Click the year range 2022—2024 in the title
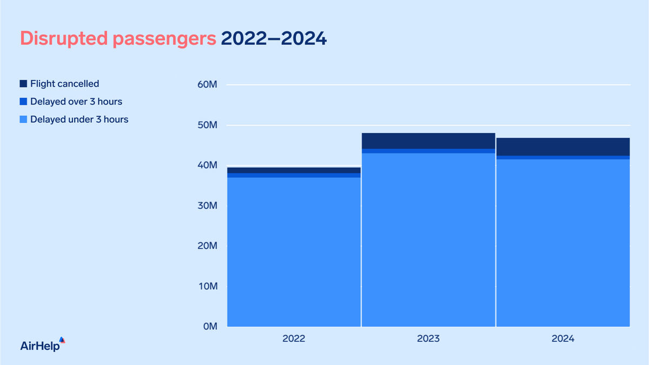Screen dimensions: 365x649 point(274,38)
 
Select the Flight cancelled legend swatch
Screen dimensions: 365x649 point(23,84)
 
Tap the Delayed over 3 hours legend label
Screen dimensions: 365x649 point(76,101)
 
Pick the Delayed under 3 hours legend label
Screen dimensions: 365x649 point(80,119)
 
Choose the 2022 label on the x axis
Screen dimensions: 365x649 point(294,340)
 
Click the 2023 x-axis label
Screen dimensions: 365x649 point(428,340)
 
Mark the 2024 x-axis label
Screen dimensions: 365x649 point(563,340)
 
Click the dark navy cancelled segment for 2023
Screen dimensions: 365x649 point(428,141)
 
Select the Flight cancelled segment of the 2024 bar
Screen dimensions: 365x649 point(563,147)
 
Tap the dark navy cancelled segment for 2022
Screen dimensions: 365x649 point(294,170)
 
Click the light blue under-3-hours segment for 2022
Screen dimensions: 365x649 point(294,251)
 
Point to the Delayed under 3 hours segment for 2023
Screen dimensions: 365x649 point(428,241)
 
